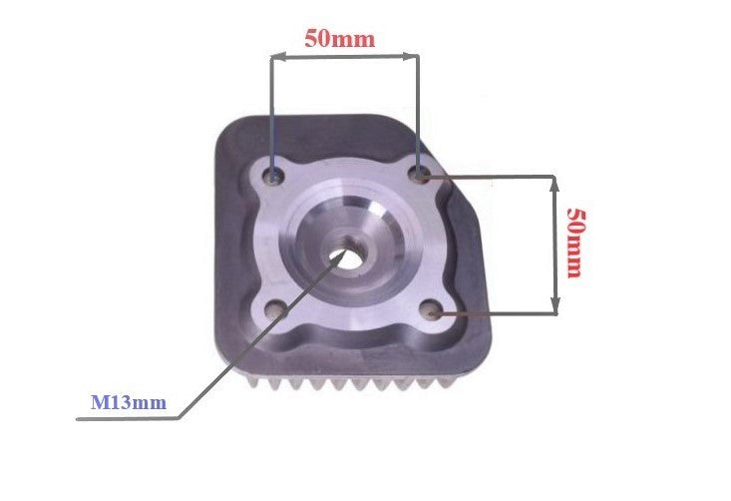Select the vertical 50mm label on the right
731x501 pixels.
tap(575, 243)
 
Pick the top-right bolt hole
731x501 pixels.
tap(420, 175)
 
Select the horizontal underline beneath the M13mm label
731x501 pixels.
tap(130, 419)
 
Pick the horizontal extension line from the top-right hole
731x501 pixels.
tap(489, 177)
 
